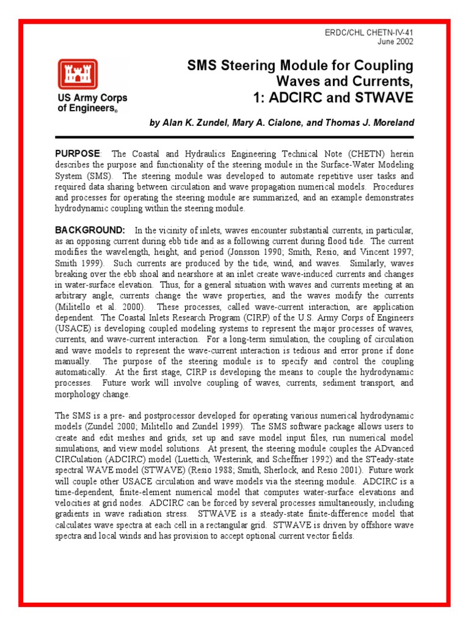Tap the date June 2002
pyautogui.click(x=396, y=42)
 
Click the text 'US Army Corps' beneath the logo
pyautogui.click(x=92, y=98)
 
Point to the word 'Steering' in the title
pyautogui.click(x=255, y=65)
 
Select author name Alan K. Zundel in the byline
pyautogui.click(x=197, y=123)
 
